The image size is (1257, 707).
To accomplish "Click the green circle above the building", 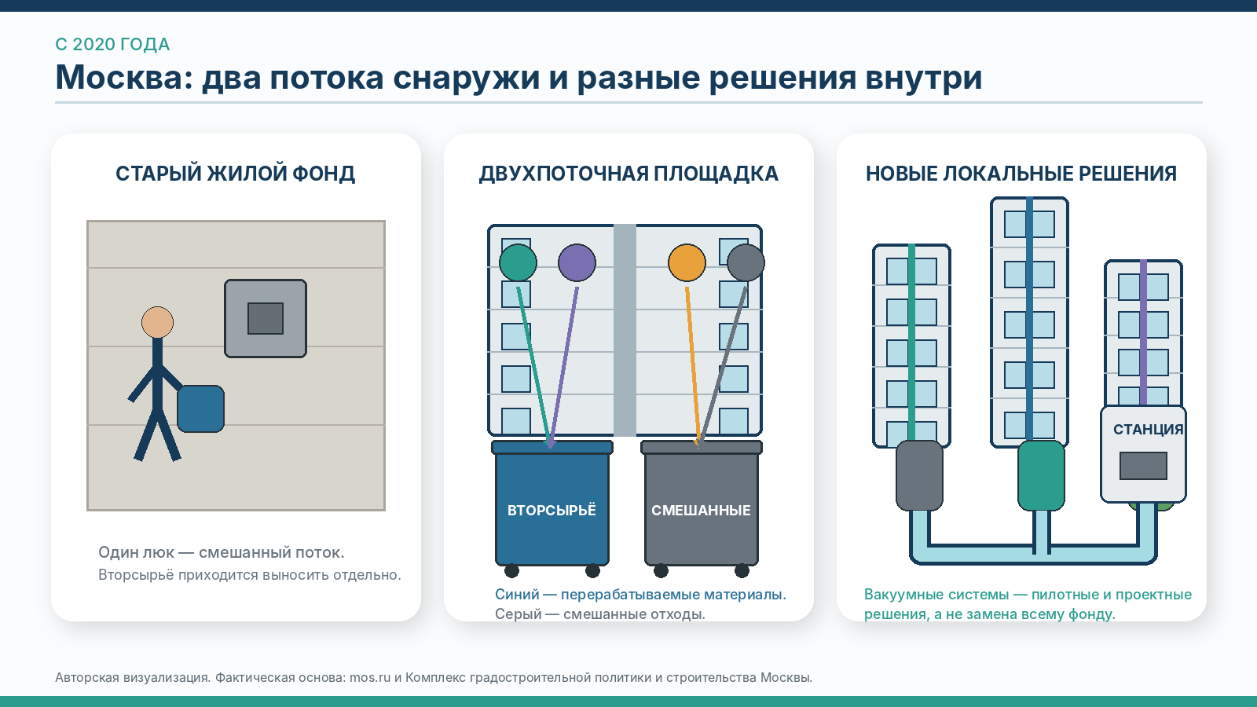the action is coord(518,262).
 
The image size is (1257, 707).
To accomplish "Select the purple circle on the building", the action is coord(577,262).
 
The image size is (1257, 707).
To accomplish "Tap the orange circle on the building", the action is coord(687,262).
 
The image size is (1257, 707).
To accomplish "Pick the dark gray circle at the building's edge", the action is coord(746,262).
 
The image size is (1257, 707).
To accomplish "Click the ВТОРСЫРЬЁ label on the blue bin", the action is coord(552,510).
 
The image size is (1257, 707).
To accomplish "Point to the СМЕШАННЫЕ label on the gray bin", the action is coord(701,511).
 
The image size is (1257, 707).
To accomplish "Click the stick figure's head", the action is coord(157,323).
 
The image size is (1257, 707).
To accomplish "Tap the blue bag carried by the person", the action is coord(200,408).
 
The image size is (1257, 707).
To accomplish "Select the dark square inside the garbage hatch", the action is coord(266,319).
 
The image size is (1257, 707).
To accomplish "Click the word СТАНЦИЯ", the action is coord(1148,430).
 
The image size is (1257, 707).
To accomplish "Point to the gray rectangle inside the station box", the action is coord(1143,466).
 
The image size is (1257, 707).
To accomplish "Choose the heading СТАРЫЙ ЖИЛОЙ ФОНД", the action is coord(236,174).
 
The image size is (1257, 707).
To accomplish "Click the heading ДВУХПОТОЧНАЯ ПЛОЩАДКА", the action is coord(628,174).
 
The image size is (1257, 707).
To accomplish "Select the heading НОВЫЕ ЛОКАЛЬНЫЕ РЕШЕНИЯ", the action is coord(1021,174).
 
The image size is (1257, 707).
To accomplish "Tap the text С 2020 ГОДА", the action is coord(112,44).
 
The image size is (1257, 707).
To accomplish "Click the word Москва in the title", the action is coord(123,77).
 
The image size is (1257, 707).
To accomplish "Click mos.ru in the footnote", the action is coord(370,677).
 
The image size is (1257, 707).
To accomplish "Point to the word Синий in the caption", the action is coord(517,594).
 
